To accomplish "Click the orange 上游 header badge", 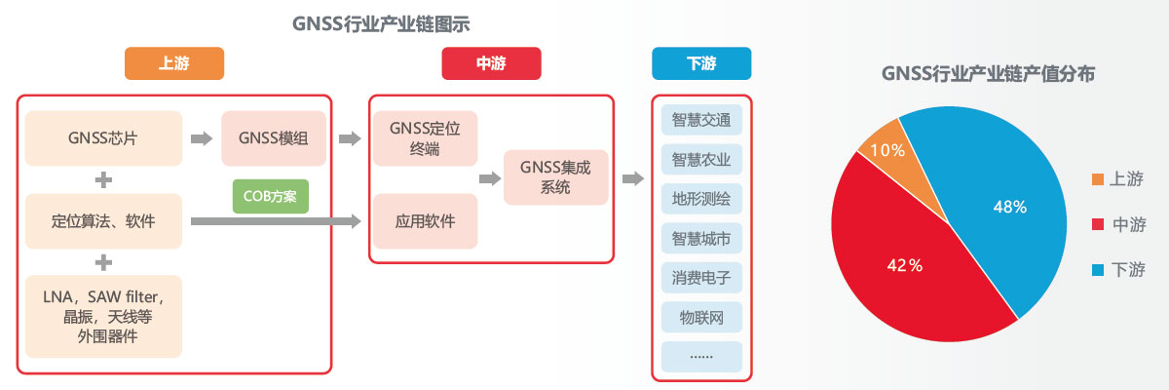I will tap(174, 64).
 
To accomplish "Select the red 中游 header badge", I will tap(491, 64).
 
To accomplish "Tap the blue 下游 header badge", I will tap(701, 64).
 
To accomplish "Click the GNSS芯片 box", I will tap(103, 138).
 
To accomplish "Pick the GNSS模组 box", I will tap(273, 138).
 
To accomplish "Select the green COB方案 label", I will tap(270, 196).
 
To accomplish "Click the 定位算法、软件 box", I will tap(103, 220).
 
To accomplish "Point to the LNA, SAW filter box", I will tap(103, 316).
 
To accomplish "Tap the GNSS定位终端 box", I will tap(425, 138).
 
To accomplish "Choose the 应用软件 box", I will tap(425, 220).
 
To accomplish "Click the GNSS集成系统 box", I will tap(556, 176).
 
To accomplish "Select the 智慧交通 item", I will tap(701, 119).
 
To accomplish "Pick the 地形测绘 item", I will tap(701, 198).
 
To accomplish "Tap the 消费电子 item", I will tap(701, 277).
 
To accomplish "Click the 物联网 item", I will tap(701, 316).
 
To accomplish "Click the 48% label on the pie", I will tap(1009, 207).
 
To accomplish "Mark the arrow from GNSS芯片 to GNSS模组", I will tap(201, 138).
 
